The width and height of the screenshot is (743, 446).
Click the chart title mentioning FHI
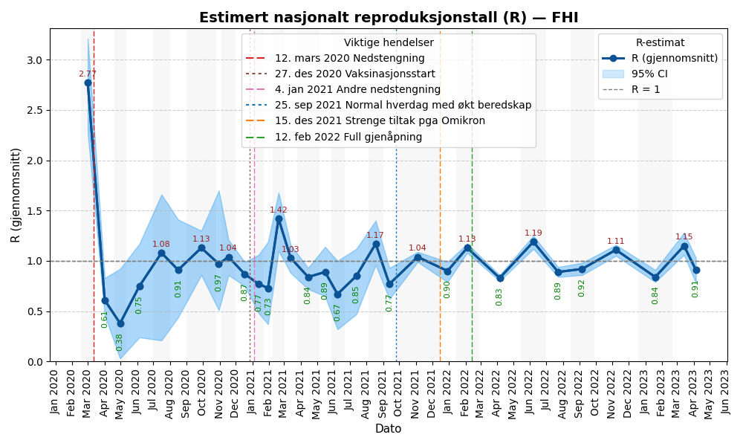pos(388,18)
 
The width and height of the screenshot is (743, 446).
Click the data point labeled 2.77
pos(88,83)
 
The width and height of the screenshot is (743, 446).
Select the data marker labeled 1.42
pos(279,219)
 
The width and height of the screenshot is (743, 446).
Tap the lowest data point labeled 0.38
pos(120,323)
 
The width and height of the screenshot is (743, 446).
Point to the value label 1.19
pos(533,233)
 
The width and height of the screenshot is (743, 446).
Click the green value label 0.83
pos(499,297)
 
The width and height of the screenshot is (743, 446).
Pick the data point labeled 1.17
pos(376,244)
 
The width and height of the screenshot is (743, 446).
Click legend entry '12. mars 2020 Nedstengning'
pos(349,59)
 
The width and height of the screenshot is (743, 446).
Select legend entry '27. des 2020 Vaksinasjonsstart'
pos(354,74)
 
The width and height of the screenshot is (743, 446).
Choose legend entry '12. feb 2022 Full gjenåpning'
pos(348,137)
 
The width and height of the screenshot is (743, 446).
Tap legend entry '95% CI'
pos(649,74)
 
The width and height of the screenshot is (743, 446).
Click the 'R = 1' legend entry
pos(645,89)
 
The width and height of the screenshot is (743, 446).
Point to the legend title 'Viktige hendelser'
pos(389,43)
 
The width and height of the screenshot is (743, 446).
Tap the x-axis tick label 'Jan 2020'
pos(55,392)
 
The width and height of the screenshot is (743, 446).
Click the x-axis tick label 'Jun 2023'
pos(726,392)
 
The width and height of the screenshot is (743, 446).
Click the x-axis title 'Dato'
pos(388,429)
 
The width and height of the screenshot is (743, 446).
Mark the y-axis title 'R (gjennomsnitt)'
pos(16,195)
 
